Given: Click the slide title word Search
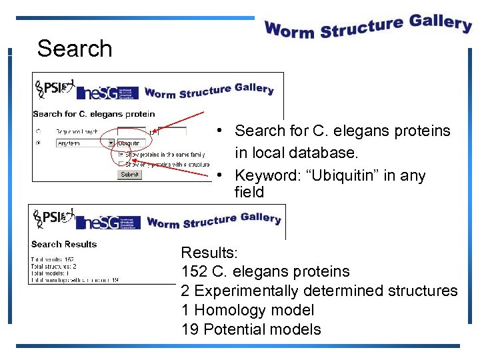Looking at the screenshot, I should [75, 49].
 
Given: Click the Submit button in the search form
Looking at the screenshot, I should [129, 174].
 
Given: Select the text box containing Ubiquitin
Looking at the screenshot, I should [131, 143].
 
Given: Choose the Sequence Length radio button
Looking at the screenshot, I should [38, 132].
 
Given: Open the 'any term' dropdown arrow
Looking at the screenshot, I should [111, 143].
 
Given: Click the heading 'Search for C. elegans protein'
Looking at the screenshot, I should [93, 114].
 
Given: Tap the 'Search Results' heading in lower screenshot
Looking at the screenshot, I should [64, 245].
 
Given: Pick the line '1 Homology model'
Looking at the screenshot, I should [247, 310].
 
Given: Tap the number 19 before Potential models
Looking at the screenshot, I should [189, 329].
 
